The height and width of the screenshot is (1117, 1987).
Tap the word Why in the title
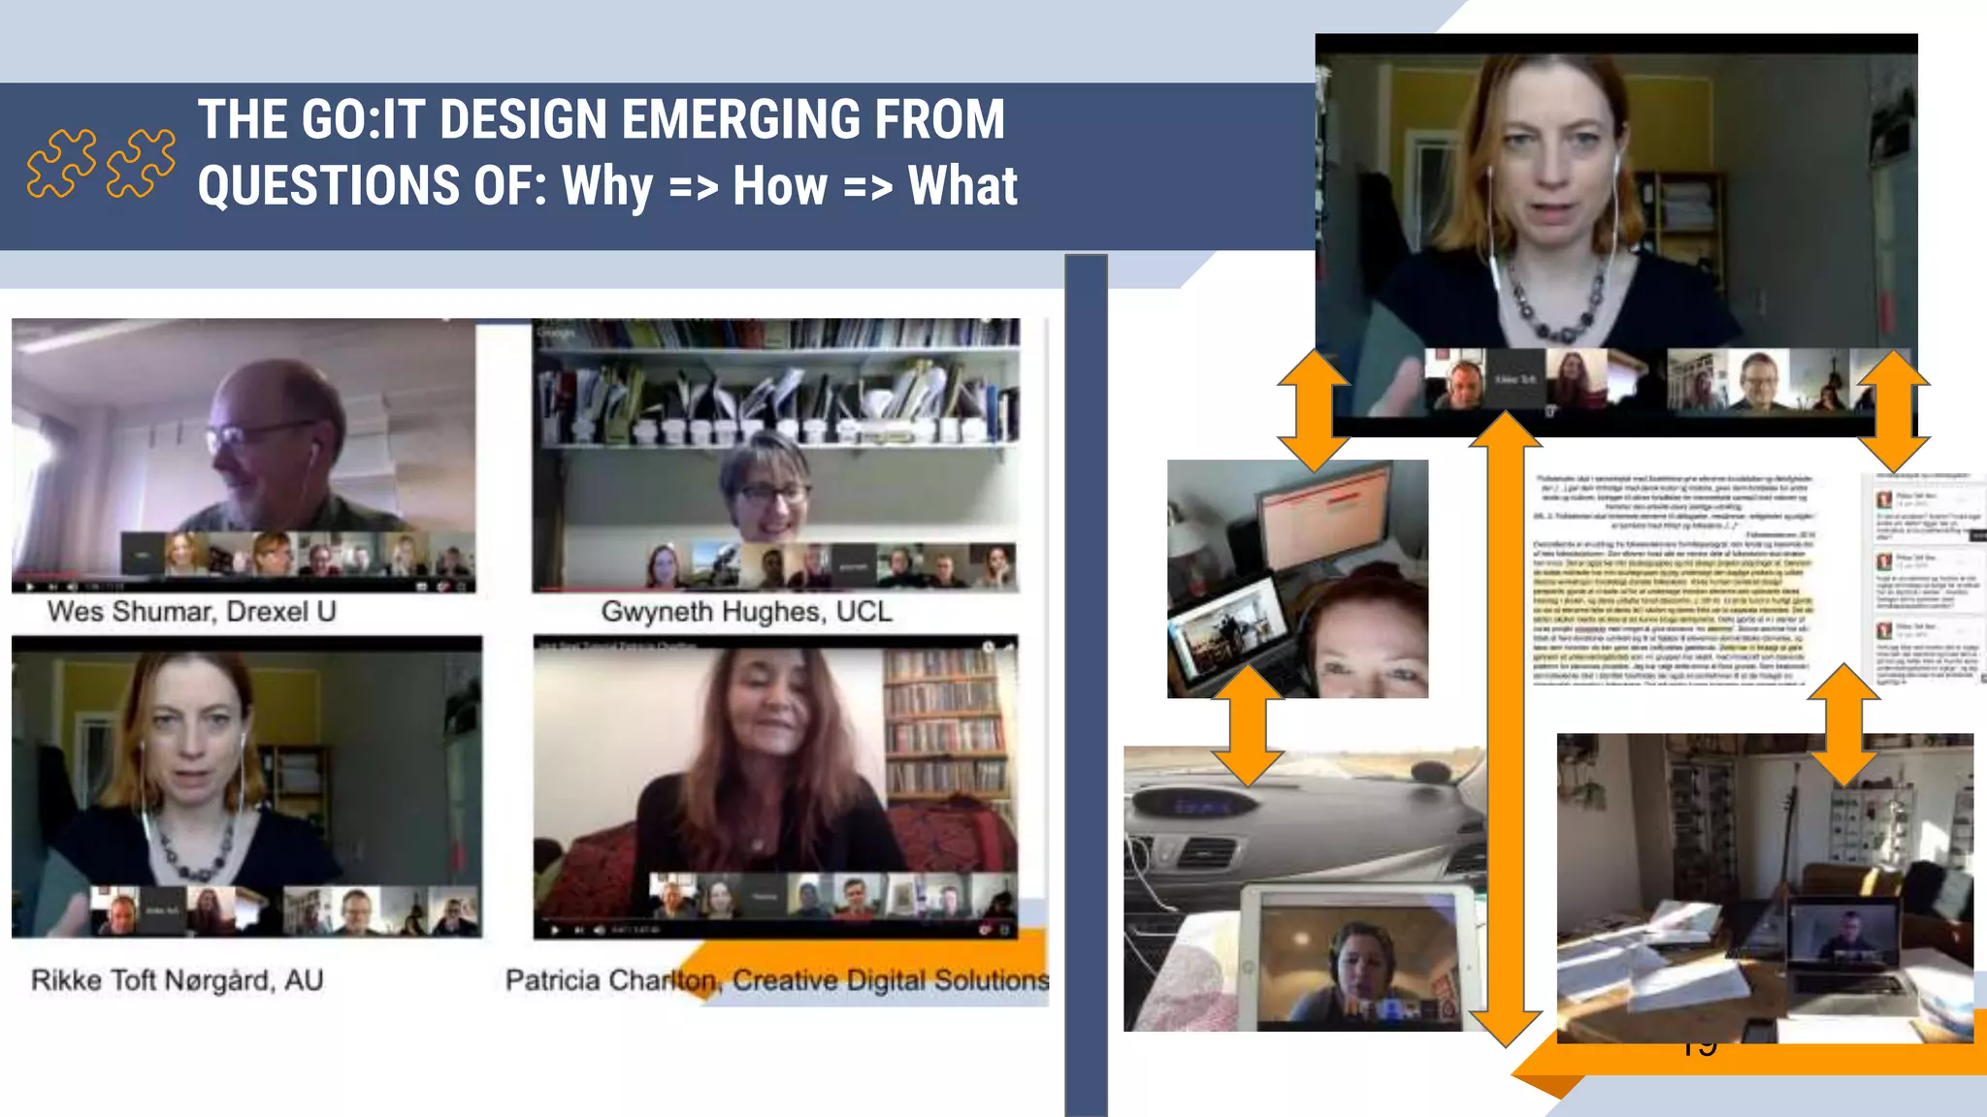(606, 186)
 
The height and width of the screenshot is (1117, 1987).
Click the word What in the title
(961, 186)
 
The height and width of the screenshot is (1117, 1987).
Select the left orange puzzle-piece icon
(61, 163)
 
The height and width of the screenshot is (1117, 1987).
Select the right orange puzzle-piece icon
(141, 163)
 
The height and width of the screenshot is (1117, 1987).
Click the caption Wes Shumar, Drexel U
(191, 612)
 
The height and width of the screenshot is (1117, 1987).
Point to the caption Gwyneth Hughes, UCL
(745, 612)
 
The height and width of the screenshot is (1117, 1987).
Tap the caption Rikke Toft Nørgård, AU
(177, 980)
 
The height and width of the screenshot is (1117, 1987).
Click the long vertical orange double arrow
(1505, 727)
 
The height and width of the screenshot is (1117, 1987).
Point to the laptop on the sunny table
(1840, 945)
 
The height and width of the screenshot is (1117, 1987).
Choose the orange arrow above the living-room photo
(1842, 723)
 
